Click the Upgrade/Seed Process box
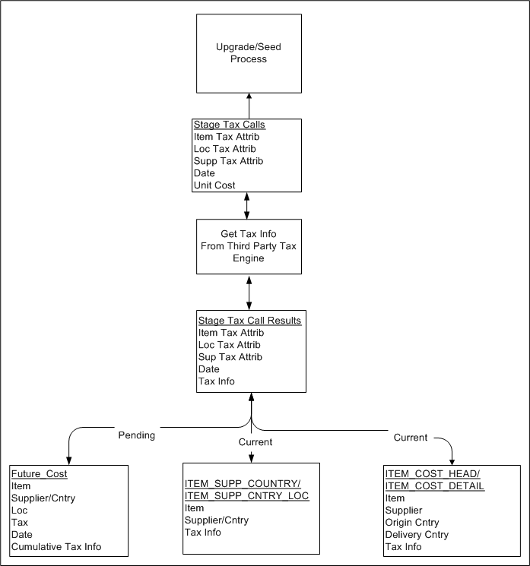pos(249,53)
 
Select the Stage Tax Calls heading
pos(229,125)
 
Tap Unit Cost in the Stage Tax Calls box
pos(214,185)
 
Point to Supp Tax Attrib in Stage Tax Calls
pos(229,161)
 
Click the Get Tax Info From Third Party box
pos(249,246)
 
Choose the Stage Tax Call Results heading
pos(249,321)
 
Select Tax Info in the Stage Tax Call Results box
pos(217,381)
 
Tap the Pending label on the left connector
pos(136,435)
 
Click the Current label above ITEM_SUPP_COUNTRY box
pos(255,441)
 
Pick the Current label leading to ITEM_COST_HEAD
pos(411,438)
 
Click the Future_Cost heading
pos(40,474)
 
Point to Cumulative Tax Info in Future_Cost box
pos(56,547)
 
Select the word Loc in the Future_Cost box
pos(19,511)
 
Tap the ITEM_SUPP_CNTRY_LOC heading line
pos(247,496)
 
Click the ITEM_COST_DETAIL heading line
pos(435,486)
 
